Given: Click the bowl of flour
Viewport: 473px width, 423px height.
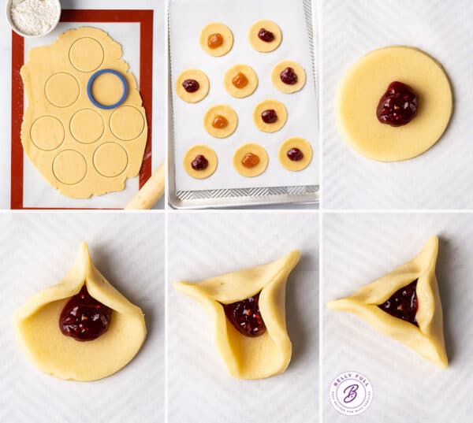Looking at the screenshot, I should [x=34, y=15].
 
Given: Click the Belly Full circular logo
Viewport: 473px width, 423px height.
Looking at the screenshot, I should [x=351, y=392].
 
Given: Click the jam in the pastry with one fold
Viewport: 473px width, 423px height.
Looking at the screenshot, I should [x=84, y=316].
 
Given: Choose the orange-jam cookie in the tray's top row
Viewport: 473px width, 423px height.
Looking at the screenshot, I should [x=216, y=39].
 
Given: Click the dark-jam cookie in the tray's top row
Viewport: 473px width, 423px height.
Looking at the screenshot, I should [x=266, y=35].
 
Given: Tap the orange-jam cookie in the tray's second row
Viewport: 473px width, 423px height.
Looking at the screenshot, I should [x=240, y=80].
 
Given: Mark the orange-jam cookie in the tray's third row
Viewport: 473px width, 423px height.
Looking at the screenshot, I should [x=221, y=121].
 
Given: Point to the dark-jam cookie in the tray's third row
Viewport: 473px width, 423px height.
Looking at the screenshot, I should [x=270, y=116].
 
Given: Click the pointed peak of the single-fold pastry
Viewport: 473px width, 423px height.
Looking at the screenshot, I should [x=84, y=247].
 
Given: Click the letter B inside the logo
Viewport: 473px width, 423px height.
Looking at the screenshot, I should [x=351, y=391].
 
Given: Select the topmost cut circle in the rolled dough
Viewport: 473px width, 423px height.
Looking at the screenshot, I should [x=86, y=54].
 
